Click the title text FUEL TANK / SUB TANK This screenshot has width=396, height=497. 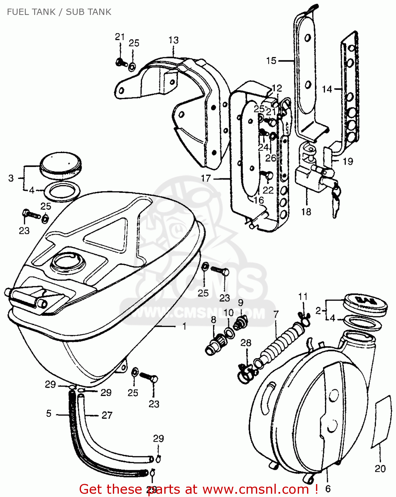(x=59, y=12)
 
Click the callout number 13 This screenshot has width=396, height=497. (x=173, y=40)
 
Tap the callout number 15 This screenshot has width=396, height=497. (x=271, y=61)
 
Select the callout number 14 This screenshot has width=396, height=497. (x=327, y=89)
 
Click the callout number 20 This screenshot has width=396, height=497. (x=380, y=469)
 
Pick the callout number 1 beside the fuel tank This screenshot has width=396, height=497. (x=185, y=326)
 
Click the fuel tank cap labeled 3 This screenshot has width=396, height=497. (x=61, y=164)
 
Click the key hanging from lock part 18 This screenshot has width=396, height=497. (x=336, y=199)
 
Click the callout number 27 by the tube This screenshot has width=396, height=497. (x=107, y=415)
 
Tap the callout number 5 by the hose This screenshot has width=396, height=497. (x=49, y=414)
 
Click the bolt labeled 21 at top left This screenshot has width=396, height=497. (x=120, y=62)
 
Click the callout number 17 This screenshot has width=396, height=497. (x=206, y=178)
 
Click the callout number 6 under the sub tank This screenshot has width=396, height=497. (x=328, y=488)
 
